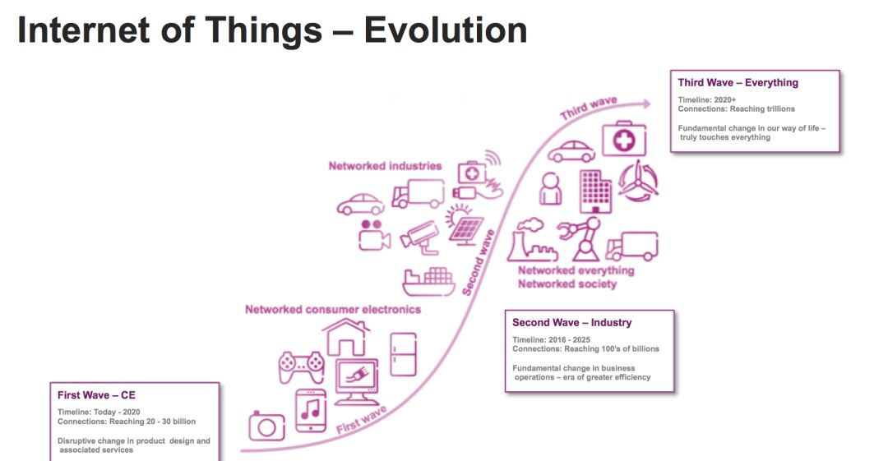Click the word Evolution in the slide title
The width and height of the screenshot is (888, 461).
tap(445, 30)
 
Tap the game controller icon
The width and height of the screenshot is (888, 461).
tap(301, 366)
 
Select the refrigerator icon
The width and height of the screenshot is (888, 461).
tap(403, 354)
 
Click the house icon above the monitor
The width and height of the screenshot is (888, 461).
tap(347, 336)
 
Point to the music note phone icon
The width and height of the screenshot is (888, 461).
tap(311, 411)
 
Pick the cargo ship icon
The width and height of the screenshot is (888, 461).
tap(428, 282)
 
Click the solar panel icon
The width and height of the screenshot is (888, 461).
tap(465, 227)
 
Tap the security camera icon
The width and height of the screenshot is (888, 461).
tap(420, 237)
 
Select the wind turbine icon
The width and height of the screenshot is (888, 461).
tap(638, 181)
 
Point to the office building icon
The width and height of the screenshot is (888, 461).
tap(595, 191)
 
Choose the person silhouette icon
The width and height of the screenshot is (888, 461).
tap(550, 189)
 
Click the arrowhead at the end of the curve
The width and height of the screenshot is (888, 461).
tap(646, 104)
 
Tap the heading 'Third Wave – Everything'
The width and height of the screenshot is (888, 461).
tap(738, 83)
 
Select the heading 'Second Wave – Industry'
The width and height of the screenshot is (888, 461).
tap(572, 323)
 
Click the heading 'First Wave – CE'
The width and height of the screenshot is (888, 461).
tap(96, 395)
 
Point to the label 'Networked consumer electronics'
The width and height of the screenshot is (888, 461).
tap(333, 309)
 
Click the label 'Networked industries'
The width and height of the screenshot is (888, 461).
tap(385, 166)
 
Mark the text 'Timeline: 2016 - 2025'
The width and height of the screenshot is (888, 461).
tap(551, 340)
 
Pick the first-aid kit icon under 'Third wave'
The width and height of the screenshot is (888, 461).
tap(623, 138)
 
